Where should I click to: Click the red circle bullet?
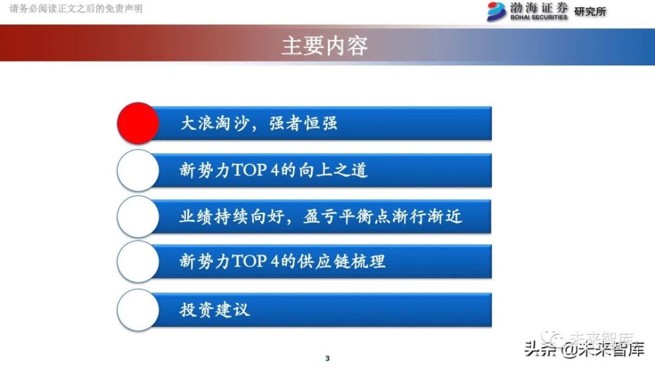[138, 123]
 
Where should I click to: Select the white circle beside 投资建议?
[138, 310]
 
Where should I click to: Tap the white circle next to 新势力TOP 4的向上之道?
[138, 170]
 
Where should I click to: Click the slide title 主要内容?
[325, 46]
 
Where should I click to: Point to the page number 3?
[327, 358]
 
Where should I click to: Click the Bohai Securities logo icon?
[496, 11]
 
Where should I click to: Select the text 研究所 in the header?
[590, 12]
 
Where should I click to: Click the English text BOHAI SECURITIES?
[539, 17]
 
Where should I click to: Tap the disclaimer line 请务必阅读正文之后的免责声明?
[76, 9]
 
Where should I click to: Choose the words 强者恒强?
[303, 123]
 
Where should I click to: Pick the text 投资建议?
[215, 310]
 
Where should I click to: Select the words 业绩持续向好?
[232, 216]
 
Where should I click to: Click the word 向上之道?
[333, 170]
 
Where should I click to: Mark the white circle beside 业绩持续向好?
[138, 217]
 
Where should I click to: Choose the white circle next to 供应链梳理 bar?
[138, 261]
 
